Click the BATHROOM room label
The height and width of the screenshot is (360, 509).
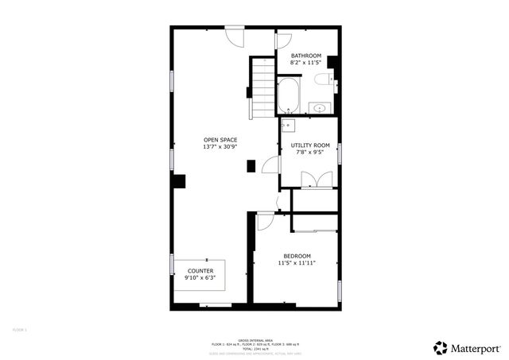pos(305,55)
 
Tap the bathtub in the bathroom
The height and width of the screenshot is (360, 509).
pos(289,95)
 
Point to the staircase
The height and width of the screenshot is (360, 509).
pos(262,87)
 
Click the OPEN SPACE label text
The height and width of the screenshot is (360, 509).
pos(220,140)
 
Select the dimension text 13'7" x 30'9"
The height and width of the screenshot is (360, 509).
pos(220,147)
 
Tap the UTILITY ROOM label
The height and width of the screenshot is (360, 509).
pos(310,145)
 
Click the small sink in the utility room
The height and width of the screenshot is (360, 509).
pos(288,125)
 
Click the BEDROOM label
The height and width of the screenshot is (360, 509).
pos(297,255)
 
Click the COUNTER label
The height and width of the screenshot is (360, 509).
pos(200,271)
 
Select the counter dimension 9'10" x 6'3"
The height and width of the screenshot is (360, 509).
pos(200,278)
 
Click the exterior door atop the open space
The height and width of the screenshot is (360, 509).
pos(235,36)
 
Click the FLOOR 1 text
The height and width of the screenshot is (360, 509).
pos(20,329)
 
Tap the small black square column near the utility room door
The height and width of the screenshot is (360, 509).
pos(251,166)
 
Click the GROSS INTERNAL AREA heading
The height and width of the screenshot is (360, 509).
pos(255,339)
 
